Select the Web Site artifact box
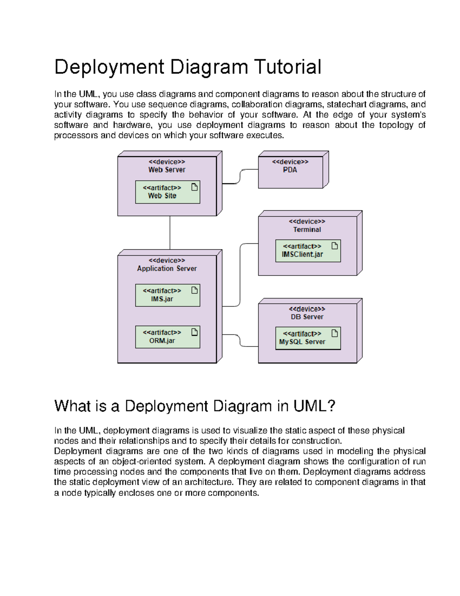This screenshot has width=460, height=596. [x=168, y=192]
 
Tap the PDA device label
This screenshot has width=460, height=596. [x=290, y=170]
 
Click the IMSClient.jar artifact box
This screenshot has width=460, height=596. [x=308, y=251]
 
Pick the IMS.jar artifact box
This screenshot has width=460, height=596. [x=168, y=295]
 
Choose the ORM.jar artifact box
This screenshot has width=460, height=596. [x=168, y=337]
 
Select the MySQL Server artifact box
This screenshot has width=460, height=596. [x=308, y=338]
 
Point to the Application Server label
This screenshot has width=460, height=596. [x=167, y=269]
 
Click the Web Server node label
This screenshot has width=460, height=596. [x=167, y=170]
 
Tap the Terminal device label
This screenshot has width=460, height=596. [x=307, y=229]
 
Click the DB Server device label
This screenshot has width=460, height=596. [x=307, y=317]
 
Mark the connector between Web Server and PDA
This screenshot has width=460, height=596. [x=240, y=176]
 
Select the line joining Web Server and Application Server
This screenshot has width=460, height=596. [x=170, y=233]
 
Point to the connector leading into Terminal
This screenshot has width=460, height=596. [x=240, y=274]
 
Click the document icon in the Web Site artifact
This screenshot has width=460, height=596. [x=194, y=187]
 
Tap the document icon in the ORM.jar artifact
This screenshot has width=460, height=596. [x=194, y=332]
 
